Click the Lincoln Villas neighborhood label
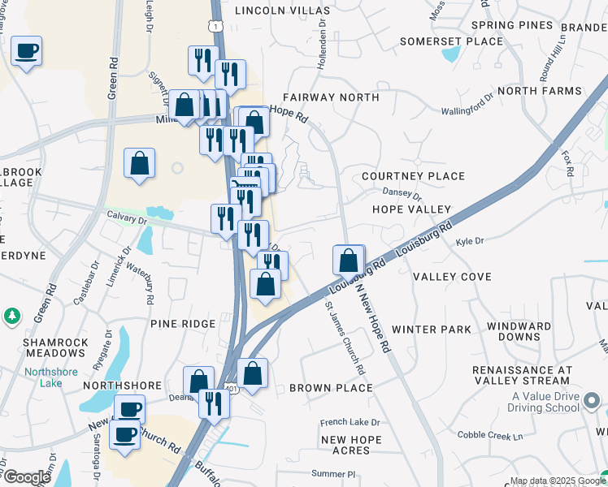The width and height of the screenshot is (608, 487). (x=282, y=11)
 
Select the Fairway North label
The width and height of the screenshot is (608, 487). (x=331, y=97)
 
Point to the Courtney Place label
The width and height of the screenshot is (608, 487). (x=413, y=176)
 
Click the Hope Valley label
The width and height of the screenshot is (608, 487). (x=410, y=209)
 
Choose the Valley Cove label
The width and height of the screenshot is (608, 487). (x=452, y=277)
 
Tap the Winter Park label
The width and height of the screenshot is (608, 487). (x=432, y=330)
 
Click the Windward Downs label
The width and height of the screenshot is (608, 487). (x=525, y=331)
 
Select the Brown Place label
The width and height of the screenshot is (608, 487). (x=331, y=388)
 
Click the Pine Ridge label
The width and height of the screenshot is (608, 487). (x=183, y=323)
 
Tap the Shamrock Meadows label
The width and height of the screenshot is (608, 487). (x=55, y=348)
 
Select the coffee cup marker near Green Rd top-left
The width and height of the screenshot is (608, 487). (x=27, y=52)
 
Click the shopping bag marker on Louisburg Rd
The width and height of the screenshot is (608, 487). (x=349, y=261)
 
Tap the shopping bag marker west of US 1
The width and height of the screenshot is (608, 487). (x=140, y=162)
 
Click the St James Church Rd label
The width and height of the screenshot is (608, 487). (x=345, y=338)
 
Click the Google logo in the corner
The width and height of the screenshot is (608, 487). (x=26, y=477)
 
